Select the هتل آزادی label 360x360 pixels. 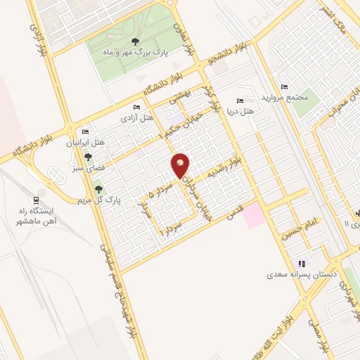click(137, 117)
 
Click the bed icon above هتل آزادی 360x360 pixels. click(136, 108)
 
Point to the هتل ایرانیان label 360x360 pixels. click(86, 143)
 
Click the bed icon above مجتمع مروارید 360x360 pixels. click(283, 86)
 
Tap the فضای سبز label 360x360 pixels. click(87, 169)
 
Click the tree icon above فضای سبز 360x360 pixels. click(88, 158)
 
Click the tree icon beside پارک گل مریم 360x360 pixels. click(98, 188)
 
